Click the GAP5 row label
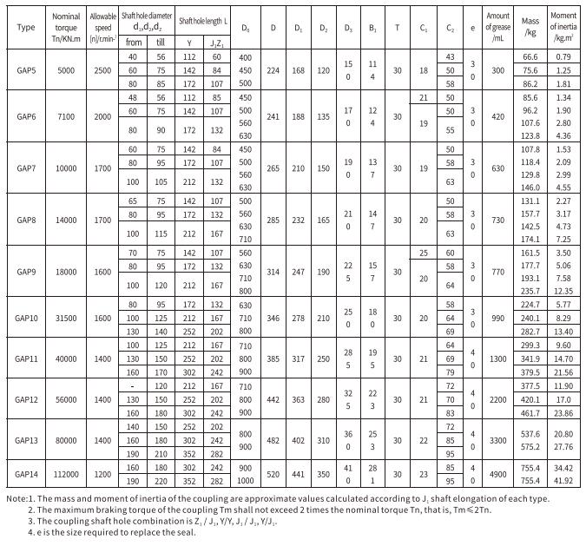point(26,69)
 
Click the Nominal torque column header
point(67,28)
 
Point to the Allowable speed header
point(103,28)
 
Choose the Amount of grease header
point(497,28)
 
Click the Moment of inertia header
point(563,28)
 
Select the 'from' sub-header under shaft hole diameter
point(134,41)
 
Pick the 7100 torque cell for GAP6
point(67,116)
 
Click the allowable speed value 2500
point(103,69)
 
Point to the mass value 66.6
point(530,56)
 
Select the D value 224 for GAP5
point(273,69)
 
